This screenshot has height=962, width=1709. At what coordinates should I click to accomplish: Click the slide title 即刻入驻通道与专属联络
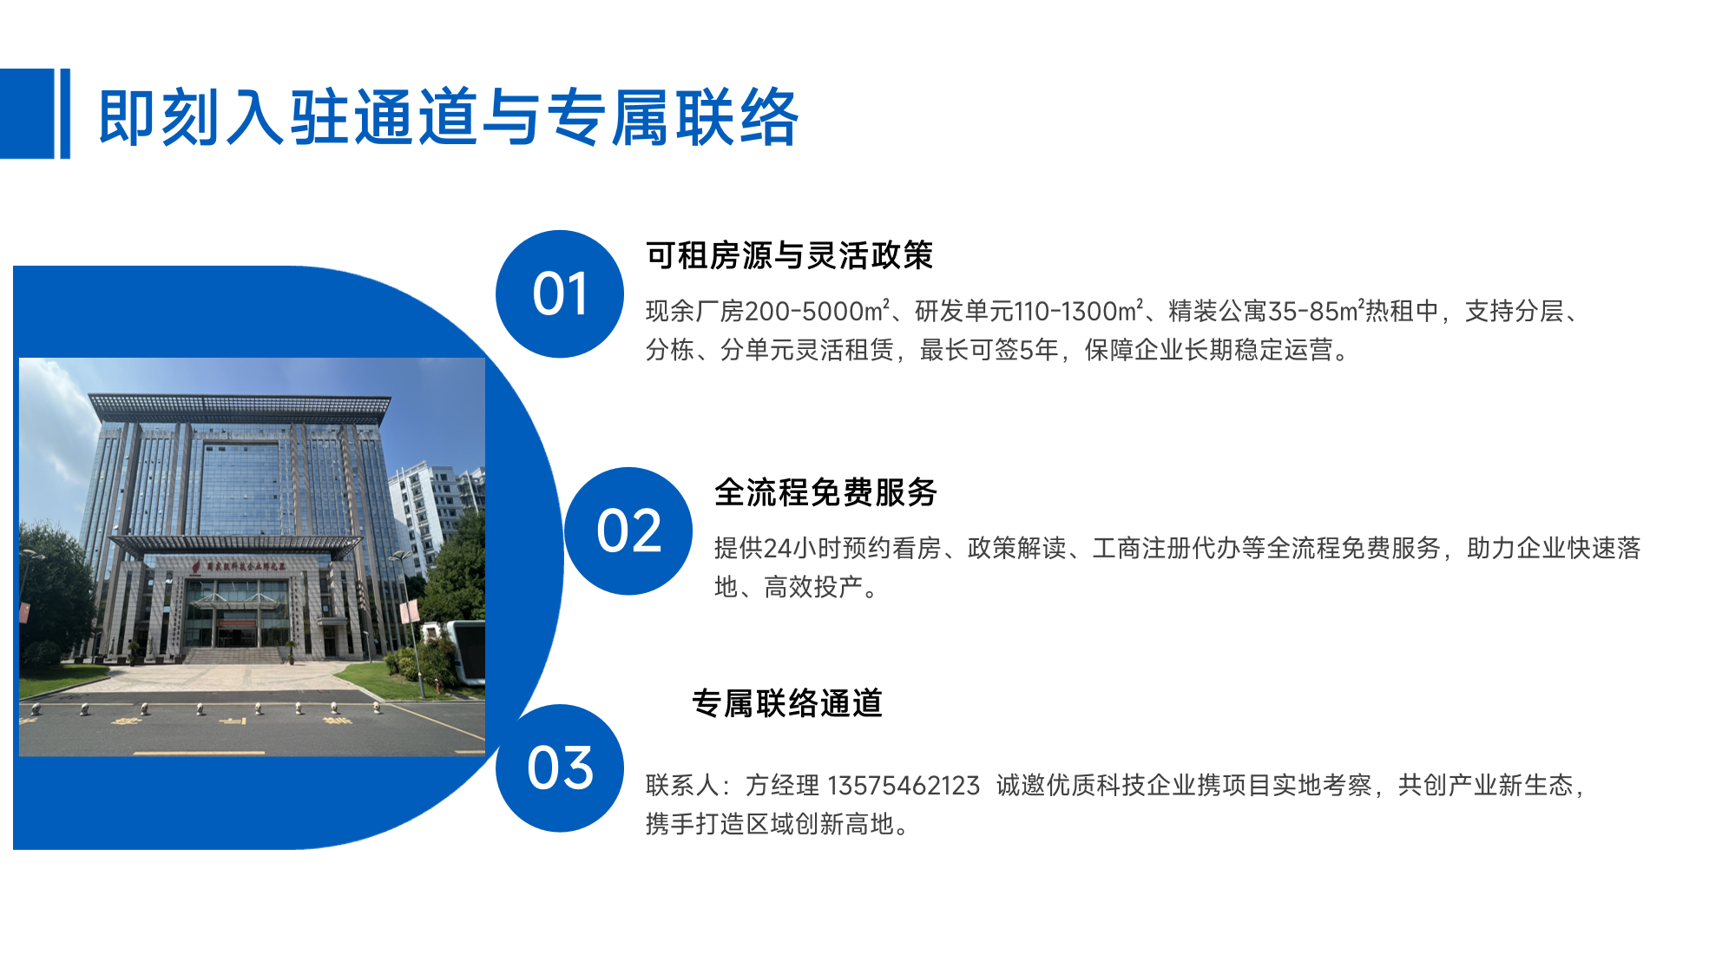[x=448, y=116]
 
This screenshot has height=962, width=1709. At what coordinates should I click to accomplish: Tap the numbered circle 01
[x=560, y=293]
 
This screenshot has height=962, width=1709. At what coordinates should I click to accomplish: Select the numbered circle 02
[x=628, y=530]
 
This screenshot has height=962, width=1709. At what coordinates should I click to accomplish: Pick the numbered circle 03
[x=560, y=768]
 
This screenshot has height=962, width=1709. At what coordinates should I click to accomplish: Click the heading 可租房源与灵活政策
[x=789, y=255]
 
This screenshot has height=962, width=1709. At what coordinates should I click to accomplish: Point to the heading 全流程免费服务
[x=825, y=492]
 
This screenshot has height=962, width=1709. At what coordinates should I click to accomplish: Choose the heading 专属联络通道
[x=787, y=703]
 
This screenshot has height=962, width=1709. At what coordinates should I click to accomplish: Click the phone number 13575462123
[x=904, y=785]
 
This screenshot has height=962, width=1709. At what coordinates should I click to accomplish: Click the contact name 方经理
[x=782, y=785]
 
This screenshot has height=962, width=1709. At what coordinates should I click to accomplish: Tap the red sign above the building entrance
[x=240, y=565]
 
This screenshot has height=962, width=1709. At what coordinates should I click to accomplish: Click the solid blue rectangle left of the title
[x=27, y=114]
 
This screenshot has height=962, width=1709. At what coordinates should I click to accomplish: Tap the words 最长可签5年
[x=989, y=349]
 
